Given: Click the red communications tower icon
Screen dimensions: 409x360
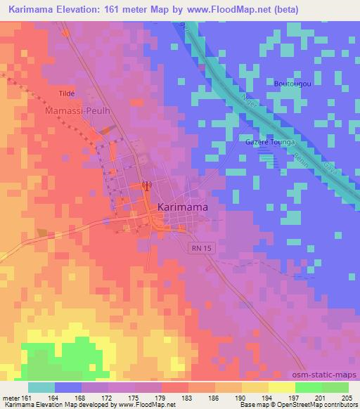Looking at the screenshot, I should click(x=146, y=186).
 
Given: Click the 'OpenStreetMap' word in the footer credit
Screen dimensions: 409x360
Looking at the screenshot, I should click(x=309, y=405).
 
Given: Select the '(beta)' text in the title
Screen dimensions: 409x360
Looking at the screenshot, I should click(x=283, y=9).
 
